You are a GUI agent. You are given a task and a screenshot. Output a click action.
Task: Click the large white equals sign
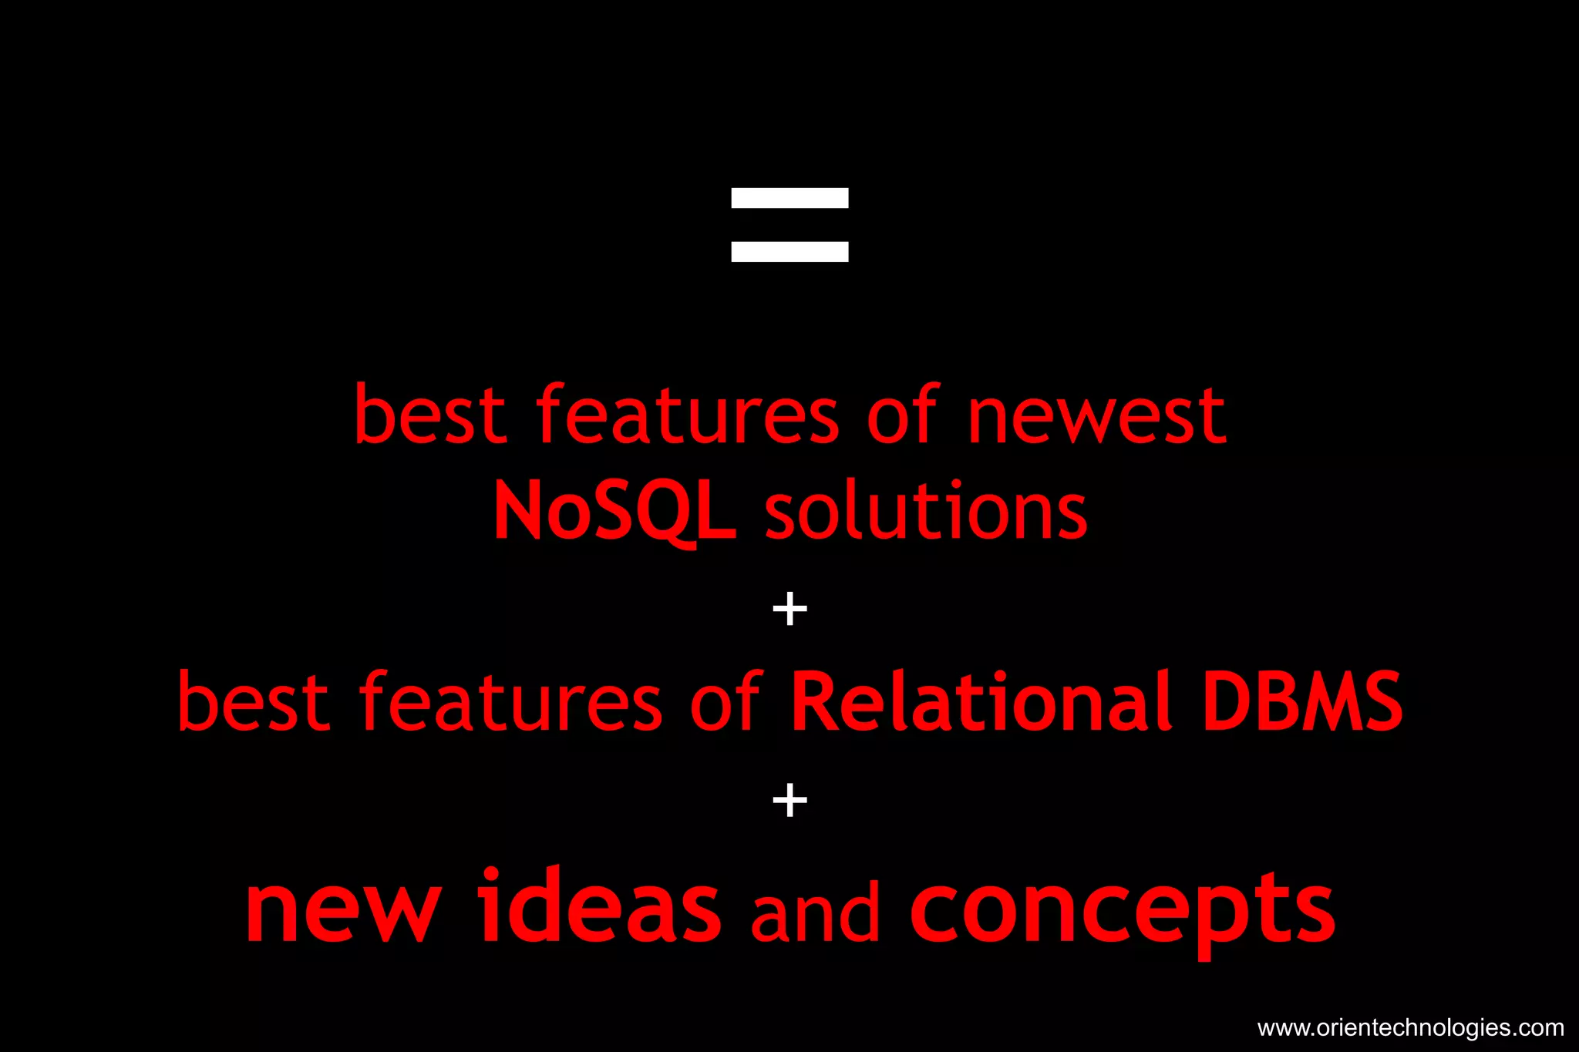pos(789,225)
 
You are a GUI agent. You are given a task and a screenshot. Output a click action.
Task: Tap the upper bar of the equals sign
pos(789,198)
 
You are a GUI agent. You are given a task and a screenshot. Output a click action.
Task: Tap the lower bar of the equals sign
pos(789,252)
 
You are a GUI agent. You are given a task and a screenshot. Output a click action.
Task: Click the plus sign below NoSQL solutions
pos(789,610)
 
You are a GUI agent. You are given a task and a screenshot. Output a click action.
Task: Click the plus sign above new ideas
pos(789,800)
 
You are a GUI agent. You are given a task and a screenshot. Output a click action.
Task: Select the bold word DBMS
pos(1302,701)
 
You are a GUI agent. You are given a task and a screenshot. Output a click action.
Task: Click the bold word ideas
pos(599,906)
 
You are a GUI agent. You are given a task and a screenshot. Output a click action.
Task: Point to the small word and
pos(815,913)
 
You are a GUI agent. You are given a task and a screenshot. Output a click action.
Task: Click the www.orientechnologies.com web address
pos(1410,1028)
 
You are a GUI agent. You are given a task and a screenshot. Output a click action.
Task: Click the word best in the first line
pos(429,416)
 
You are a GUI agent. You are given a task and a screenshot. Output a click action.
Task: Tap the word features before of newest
pos(687,416)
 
